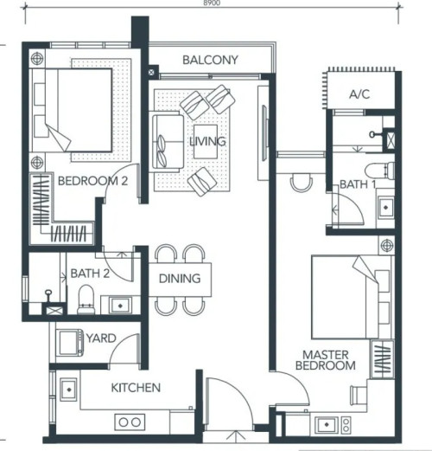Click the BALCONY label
210,60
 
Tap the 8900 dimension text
212,3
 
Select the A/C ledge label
359,94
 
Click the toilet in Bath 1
379,171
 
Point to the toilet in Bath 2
86,300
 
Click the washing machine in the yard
71,343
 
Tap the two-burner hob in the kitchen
130,422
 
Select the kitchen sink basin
69,390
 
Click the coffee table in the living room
206,142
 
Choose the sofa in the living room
168,142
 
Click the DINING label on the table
180,279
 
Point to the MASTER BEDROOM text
326,360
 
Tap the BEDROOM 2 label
92,181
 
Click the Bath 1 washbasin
386,207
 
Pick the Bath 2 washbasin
120,306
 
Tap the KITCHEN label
136,388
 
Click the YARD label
101,338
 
